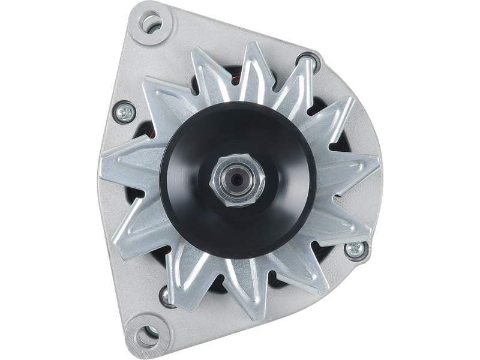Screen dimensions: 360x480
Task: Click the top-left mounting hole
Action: coord(151,24)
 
